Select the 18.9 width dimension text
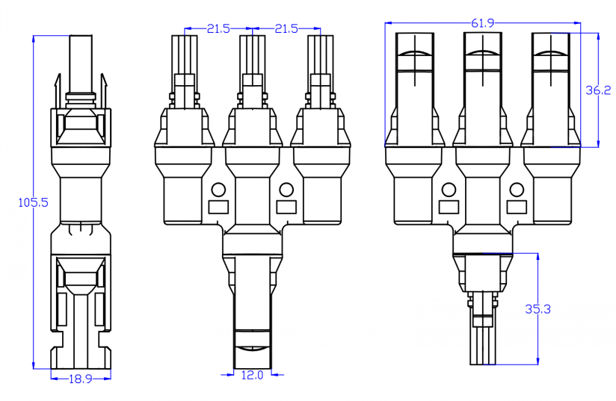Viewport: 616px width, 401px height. (80, 379)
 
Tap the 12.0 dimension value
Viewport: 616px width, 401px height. (251, 375)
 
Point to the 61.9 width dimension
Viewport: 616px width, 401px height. (482, 23)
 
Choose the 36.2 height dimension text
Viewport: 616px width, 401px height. (598, 90)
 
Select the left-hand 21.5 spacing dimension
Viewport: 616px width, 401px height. (218, 28)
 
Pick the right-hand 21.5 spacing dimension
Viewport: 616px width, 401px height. (286, 28)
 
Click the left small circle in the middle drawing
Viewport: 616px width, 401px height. (218, 189)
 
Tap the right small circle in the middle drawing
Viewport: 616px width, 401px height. (285, 189)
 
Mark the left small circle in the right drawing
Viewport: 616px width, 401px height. (449, 189)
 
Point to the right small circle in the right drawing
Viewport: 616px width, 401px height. (516, 189)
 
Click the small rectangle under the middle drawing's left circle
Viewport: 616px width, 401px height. (218, 207)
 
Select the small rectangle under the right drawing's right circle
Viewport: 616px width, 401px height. (516, 207)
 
